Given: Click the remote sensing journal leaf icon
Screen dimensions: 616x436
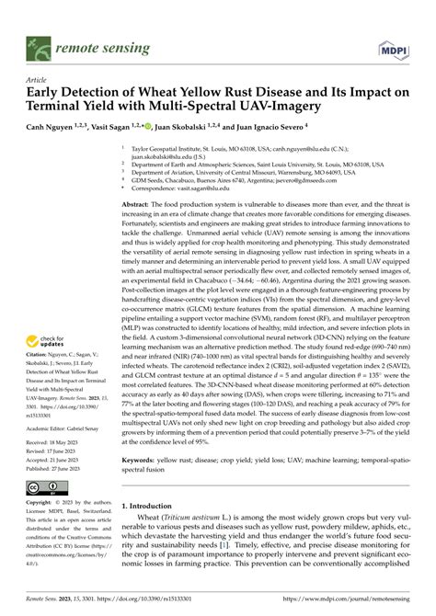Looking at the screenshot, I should coord(38,43).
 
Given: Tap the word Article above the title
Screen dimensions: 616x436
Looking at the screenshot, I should coord(36,81).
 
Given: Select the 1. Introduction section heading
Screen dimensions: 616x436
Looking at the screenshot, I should coord(156,530).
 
